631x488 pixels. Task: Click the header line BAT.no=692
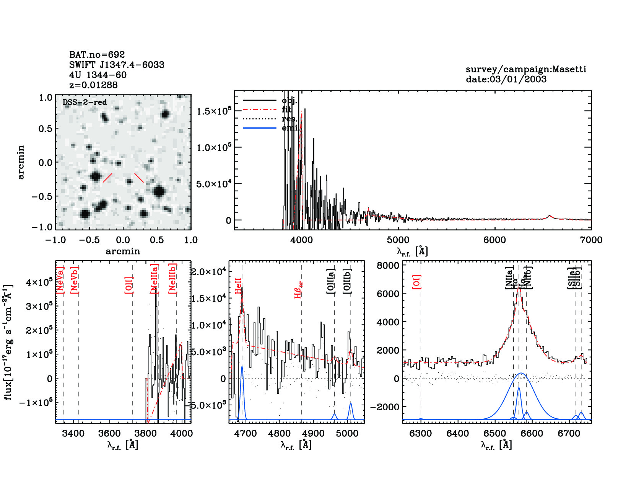click(97, 55)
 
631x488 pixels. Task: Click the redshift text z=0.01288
click(93, 85)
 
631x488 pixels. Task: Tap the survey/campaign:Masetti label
click(526, 69)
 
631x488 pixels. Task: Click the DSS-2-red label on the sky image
click(85, 102)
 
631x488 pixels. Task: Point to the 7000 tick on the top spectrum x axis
click(591, 240)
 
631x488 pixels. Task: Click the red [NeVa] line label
click(60, 280)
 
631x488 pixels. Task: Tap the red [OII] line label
click(129, 284)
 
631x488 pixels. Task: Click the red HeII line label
click(238, 286)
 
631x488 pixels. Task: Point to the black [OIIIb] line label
click(347, 281)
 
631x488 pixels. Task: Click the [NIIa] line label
click(509, 278)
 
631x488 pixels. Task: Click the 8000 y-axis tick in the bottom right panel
click(388, 266)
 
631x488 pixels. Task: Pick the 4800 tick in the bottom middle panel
click(280, 434)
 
